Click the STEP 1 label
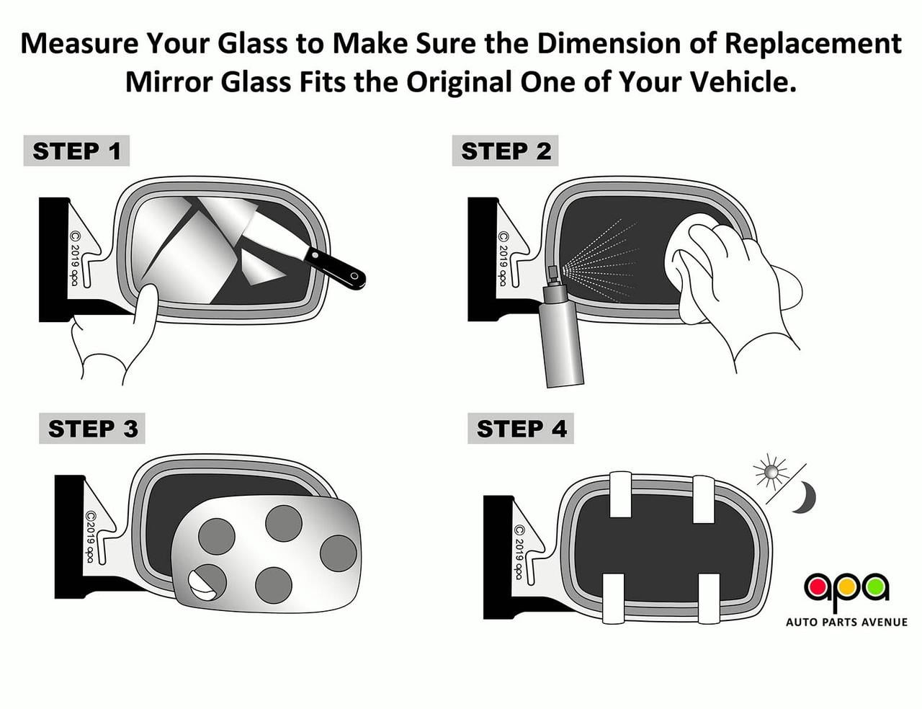tap(76, 151)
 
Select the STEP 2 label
tap(505, 151)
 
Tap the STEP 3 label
tap(92, 429)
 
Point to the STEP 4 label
tap(521, 429)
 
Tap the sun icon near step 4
tap(771, 473)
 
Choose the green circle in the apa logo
tap(876, 587)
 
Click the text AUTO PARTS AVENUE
tap(846, 622)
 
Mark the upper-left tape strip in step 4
tap(620, 494)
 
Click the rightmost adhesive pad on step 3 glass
tap(338, 553)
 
